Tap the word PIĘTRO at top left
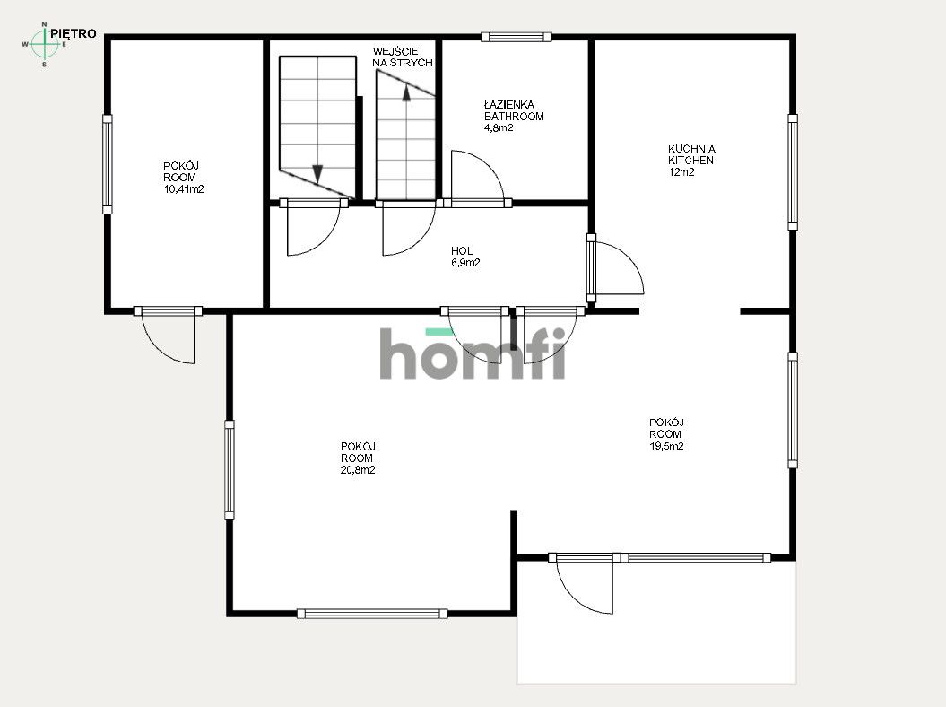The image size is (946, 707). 74,33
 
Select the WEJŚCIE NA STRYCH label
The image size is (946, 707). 403,57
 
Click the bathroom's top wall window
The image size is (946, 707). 516,37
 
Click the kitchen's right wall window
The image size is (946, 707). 793,171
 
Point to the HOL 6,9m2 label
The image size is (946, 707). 464,257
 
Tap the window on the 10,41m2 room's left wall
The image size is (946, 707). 108,163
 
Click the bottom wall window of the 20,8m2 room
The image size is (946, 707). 371,614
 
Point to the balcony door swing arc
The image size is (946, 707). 584,585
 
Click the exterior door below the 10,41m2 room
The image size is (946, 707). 169,336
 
